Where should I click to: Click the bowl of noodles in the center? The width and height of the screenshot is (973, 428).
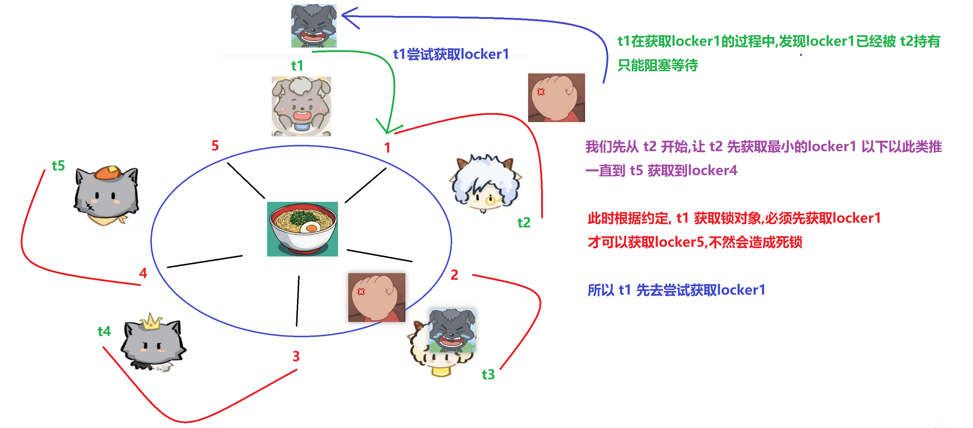tap(303, 229)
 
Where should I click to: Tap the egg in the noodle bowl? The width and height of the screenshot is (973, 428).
tap(311, 227)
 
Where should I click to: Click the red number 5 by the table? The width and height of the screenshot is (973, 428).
tap(215, 145)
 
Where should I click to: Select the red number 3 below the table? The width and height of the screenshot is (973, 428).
tap(296, 356)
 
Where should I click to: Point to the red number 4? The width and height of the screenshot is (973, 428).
tap(143, 273)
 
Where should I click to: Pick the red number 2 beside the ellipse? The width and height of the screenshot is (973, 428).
tap(454, 275)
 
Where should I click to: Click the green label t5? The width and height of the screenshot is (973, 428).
tap(58, 165)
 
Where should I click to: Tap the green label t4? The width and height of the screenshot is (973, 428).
tap(104, 331)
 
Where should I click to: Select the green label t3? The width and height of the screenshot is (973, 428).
tap(488, 374)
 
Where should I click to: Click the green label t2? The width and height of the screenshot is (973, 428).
tap(523, 222)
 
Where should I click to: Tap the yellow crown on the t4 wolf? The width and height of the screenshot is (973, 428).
tap(151, 322)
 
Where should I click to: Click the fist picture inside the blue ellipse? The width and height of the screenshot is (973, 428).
tap(376, 297)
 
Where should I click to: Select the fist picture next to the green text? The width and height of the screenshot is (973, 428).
tap(556, 97)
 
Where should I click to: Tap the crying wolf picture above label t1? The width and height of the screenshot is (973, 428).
tap(313, 26)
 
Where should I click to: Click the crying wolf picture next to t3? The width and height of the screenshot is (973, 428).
tap(452, 330)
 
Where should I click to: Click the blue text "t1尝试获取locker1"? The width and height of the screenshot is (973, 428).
tap(451, 54)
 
